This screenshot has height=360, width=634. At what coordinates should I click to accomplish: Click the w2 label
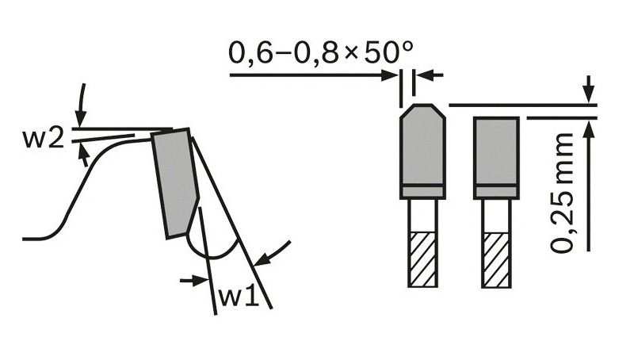44,139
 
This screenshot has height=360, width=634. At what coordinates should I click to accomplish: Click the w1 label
239,297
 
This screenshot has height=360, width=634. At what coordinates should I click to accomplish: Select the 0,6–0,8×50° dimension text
321,52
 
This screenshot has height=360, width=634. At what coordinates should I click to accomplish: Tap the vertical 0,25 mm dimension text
563,193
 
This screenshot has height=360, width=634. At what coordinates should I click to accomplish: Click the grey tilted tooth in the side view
174,183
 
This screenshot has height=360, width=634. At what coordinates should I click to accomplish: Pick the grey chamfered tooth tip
422,144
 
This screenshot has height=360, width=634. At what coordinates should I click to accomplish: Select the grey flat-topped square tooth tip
496,151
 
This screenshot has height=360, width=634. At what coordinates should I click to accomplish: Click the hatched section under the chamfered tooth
423,259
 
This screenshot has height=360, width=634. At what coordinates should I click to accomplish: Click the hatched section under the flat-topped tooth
497,259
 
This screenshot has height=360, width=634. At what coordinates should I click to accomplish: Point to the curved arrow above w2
82,105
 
